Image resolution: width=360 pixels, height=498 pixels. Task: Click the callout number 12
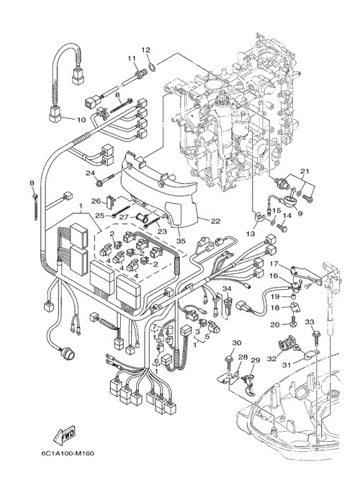pos(145,50)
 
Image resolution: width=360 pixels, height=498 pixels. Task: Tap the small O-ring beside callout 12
pos(153,67)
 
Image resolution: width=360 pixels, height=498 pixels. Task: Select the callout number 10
pos(81,120)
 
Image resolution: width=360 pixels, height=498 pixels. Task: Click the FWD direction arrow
pos(64,435)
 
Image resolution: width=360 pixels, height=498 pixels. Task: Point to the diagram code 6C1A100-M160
pos(68,453)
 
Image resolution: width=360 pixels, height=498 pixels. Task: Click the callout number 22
pos(216,221)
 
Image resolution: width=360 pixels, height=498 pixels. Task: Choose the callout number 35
pos(181,241)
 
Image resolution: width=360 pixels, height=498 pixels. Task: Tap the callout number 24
pos(91,173)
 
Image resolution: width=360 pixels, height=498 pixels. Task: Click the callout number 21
pos(305,172)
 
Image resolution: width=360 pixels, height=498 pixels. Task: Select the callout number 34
pos(227,288)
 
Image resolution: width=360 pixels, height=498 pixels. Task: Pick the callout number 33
pos(310,322)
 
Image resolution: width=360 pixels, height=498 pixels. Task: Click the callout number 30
pos(237,343)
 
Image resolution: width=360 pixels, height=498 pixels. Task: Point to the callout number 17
pos(274,264)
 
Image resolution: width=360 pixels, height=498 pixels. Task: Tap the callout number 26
pos(96,201)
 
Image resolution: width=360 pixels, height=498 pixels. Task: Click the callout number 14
pos(287,215)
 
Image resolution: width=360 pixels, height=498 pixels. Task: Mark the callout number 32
pos(271,359)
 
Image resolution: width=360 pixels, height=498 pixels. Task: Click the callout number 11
pos(132,58)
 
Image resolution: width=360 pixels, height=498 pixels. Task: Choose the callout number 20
pos(274,324)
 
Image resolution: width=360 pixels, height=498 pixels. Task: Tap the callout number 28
pos(243,357)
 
